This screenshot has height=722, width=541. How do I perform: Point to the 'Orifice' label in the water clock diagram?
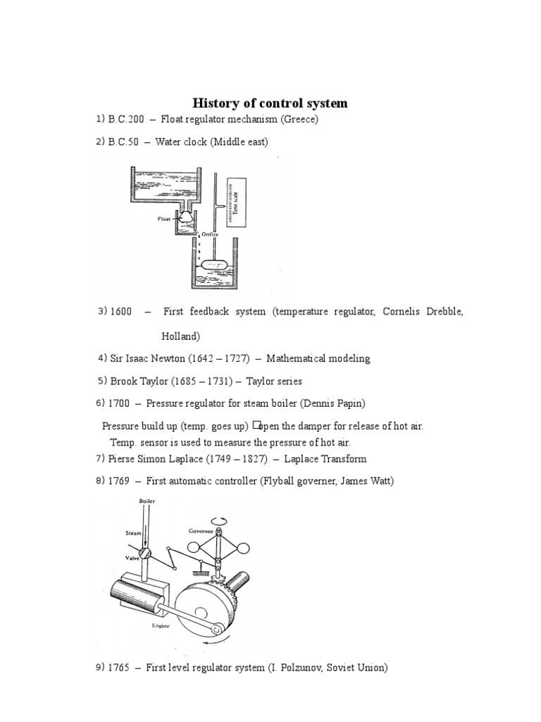(x=210, y=234)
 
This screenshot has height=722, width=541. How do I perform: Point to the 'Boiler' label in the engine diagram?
(x=147, y=501)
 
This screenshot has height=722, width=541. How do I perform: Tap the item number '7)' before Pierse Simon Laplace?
(x=100, y=459)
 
